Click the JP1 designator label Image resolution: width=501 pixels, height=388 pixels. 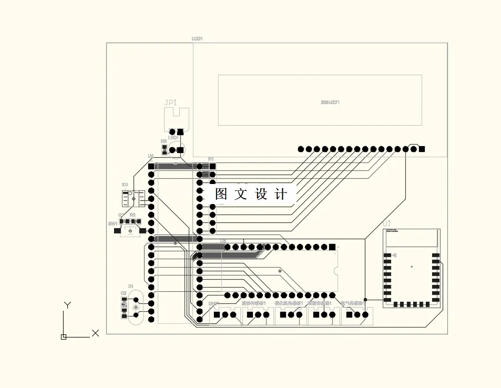coord(171,103)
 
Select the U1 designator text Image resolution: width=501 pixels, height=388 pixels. coord(387,224)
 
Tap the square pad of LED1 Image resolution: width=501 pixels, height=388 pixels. coord(180,150)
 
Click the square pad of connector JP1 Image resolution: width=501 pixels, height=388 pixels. coord(180,131)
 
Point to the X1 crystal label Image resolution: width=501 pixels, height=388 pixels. coord(130,286)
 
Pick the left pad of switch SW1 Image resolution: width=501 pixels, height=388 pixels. coord(114,231)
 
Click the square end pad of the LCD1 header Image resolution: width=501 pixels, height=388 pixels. coord(422,149)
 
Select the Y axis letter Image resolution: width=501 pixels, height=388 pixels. coord(67,305)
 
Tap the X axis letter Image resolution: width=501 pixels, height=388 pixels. coord(95,333)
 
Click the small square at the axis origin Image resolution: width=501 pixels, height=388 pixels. coord(64,336)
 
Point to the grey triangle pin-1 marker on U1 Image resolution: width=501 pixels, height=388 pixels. coord(394,256)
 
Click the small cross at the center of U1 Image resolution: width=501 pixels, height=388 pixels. coord(412,267)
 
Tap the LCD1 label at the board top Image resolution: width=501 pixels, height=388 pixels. coord(197,39)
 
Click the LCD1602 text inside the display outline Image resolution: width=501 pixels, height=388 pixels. coord(330,102)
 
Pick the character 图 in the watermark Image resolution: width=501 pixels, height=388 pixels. coord(221,194)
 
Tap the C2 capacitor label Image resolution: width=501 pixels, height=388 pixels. coord(124,293)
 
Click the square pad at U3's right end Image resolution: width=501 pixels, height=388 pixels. coord(332,247)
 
